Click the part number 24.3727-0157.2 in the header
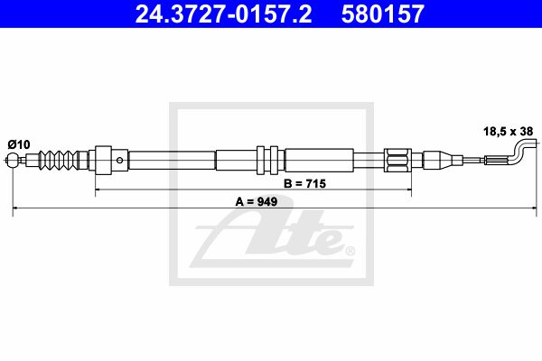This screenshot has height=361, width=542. point(223,14)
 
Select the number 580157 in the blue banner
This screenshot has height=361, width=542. point(383,14)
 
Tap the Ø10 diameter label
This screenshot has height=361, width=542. point(19,144)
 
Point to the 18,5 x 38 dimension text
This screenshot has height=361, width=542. point(508,131)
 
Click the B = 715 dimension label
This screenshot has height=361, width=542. point(305,183)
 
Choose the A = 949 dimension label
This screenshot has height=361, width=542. point(257,201)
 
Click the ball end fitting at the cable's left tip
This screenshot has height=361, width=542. point(13,160)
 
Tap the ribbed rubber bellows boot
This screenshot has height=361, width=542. point(59,160)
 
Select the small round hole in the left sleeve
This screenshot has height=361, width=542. point(120,161)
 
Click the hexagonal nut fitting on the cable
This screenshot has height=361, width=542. point(397,161)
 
